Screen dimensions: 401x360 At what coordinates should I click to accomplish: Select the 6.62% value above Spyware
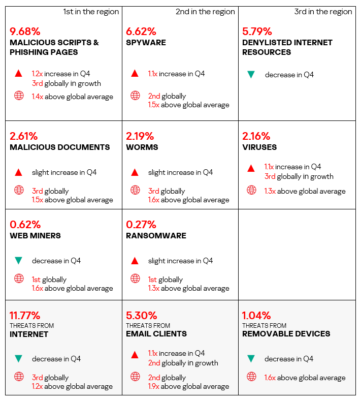pos(141,32)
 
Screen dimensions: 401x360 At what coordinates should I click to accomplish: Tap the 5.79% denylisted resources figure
pos(257,32)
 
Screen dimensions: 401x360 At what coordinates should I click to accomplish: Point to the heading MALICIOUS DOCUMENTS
pos(59,147)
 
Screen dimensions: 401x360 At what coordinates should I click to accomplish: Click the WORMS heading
pos(142,147)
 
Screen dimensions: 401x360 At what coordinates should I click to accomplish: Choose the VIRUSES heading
pos(259,147)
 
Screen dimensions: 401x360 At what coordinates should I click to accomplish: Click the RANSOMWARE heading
pos(156,236)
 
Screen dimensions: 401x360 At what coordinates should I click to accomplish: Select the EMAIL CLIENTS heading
pos(156,334)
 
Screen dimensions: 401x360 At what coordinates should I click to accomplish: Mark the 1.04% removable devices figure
pos(256,315)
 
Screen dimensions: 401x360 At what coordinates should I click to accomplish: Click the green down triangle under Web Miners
pos(19,261)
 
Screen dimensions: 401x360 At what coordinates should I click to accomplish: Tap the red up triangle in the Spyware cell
pos(135,74)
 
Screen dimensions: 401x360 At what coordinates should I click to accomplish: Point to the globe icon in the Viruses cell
pos(251,191)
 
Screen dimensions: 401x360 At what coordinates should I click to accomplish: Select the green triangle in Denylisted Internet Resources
pos(251,75)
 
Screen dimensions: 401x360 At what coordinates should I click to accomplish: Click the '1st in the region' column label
pos(91,12)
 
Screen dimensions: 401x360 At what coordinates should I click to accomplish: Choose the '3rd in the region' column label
pos(323,12)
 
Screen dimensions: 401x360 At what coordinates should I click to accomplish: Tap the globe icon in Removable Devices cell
pos(251,377)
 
